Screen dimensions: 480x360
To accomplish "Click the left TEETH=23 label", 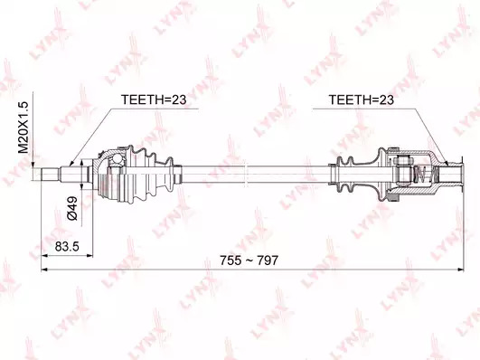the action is click(154, 99).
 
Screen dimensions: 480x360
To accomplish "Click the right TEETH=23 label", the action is click(362, 99).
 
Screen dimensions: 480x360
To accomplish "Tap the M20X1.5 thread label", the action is click(24, 128).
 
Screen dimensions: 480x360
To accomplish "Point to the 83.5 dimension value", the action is click(67, 246).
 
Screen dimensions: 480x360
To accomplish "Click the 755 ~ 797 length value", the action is click(249, 261).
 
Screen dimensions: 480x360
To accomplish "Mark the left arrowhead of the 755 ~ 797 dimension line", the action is click(44, 270).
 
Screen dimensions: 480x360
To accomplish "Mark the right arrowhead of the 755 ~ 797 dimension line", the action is click(461, 270).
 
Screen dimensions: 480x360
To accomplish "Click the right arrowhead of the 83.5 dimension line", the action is click(89, 255).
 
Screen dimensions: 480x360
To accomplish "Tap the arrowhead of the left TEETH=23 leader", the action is click(71, 164).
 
